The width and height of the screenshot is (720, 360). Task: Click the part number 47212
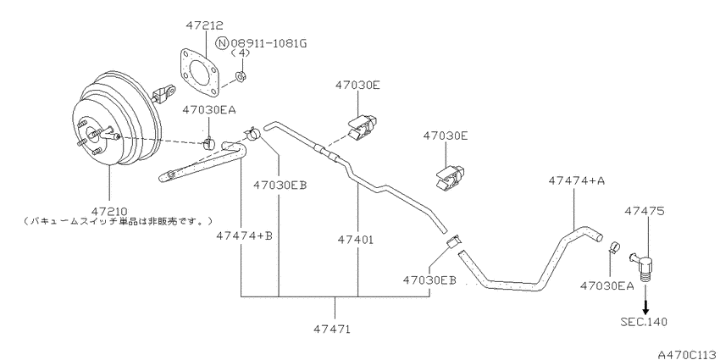click(x=204, y=25)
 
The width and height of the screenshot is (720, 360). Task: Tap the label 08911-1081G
click(x=269, y=43)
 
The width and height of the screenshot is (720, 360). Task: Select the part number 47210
click(x=109, y=212)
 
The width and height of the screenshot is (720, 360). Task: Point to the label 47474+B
click(x=244, y=235)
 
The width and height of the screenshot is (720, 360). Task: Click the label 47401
click(x=356, y=239)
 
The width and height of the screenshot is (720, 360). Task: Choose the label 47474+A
click(x=576, y=181)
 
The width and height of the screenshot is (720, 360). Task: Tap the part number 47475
click(x=644, y=211)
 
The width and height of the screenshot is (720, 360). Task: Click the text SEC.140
click(x=644, y=322)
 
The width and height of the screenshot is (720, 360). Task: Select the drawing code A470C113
click(x=689, y=354)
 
